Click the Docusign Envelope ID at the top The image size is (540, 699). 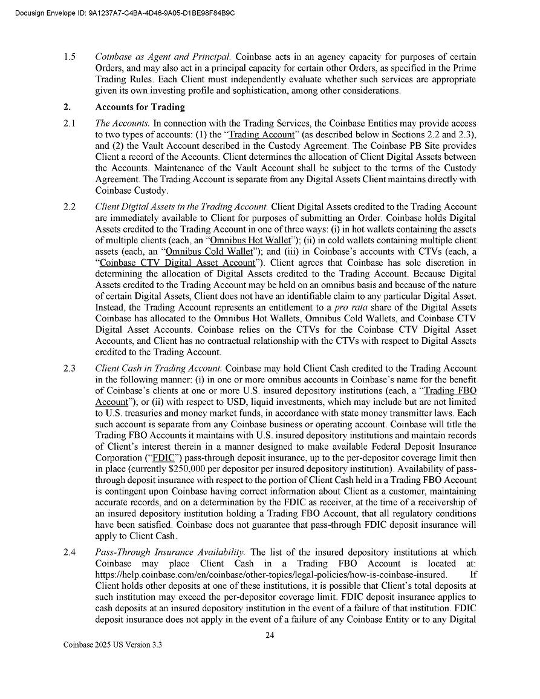(123, 12)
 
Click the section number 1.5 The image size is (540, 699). (69, 57)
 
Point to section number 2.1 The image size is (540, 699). (69, 123)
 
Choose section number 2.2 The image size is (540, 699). (69, 207)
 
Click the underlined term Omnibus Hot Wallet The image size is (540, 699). (250, 240)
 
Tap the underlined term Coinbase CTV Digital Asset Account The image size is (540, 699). (177, 263)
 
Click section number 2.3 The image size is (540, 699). (69, 368)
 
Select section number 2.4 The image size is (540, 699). (69, 552)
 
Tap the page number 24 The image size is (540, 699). (270, 635)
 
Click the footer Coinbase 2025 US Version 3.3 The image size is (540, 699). (112, 645)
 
